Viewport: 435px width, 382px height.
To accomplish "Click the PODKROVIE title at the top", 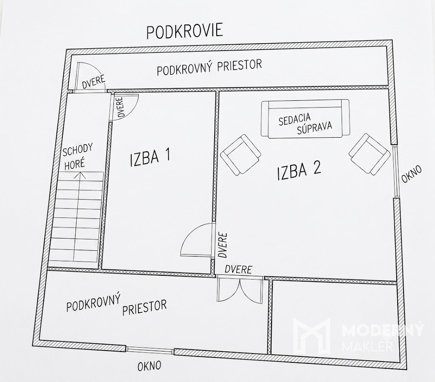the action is coord(184,31).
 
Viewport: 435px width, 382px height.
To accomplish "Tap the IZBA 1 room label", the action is coord(150,158).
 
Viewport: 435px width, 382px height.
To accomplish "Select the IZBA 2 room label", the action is coord(299,170).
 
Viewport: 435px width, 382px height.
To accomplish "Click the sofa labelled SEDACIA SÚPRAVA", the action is coord(305,119).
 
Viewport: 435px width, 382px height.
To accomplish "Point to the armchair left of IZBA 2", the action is coord(241,155).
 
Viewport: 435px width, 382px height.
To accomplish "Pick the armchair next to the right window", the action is coord(369,154).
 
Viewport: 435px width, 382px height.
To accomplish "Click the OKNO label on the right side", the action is coord(412,174).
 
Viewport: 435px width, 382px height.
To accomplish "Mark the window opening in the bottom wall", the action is coord(150,350).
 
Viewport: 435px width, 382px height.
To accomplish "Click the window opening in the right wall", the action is coord(396,171).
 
